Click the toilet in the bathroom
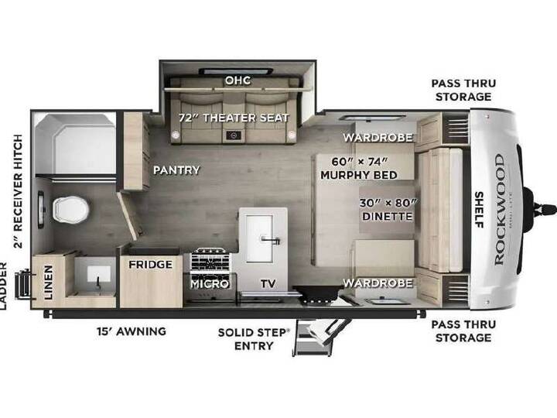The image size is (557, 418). pos(70,210)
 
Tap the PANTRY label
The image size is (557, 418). pos(176,170)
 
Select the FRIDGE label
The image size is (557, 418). pos(151,265)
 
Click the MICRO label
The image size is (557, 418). pos(210,284)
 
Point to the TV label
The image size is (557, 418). pos(268,283)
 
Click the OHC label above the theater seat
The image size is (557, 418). pos(237,81)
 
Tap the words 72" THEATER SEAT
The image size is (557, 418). pos(234,118)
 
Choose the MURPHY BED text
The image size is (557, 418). pos(359,175)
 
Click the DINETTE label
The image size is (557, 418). pos(388,216)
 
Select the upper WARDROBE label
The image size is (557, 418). pos(378,137)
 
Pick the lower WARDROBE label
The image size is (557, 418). pos(378,283)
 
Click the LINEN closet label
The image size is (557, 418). pos(49,283)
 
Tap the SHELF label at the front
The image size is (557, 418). pos(479,210)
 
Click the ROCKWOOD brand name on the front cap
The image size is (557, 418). pos(499,210)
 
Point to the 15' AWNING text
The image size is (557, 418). pos(132,331)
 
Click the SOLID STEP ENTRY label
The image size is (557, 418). pos(254,339)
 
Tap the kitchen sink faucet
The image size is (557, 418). pos(271,240)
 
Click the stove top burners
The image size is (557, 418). pos(210,259)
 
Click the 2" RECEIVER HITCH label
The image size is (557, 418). pos(18,191)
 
